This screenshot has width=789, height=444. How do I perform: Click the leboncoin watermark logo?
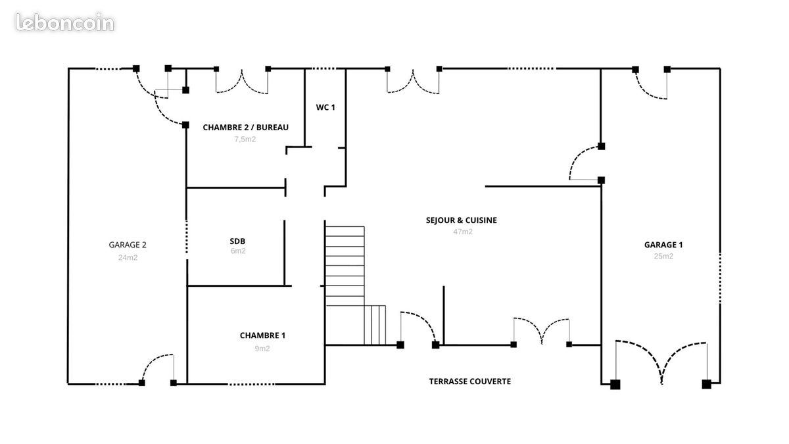pos(65,22)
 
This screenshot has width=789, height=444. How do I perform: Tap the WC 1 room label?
pos(325,107)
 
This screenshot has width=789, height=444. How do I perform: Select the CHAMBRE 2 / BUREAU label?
pos(245,127)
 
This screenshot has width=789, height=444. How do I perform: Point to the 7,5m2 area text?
pos(245,139)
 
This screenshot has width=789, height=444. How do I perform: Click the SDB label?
pos(237,241)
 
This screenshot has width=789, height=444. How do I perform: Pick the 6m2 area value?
pos(238,251)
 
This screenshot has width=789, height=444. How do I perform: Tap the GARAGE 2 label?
pos(128,245)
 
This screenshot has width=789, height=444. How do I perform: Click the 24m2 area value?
pos(128,258)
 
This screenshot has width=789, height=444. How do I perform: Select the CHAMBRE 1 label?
pos(262,335)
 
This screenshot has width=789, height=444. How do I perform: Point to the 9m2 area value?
pos(262,349)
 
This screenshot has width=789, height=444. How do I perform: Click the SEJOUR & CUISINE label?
pos(462,220)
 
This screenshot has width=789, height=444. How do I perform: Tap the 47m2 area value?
pos(463,232)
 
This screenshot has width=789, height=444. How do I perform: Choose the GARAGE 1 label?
pos(663,245)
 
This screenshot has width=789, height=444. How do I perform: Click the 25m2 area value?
pos(663,256)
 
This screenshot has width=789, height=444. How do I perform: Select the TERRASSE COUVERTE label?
pos(470,382)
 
